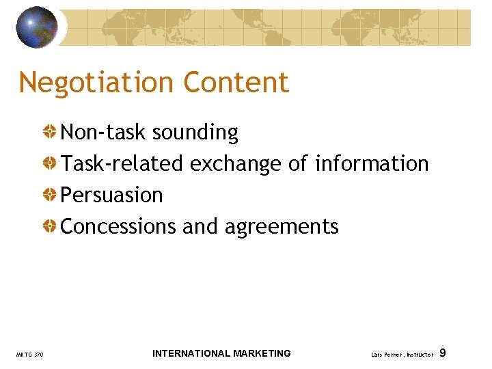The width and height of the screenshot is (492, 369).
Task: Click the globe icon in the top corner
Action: coord(37,27)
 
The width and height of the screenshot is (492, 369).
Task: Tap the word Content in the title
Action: coord(236,83)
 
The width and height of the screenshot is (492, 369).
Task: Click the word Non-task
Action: coord(104,132)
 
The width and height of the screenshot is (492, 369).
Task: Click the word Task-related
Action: coord(122,164)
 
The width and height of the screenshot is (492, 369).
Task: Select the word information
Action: coord(372,164)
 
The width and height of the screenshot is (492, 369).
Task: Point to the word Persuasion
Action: coord(112,195)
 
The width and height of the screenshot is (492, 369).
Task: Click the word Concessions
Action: coord(119,227)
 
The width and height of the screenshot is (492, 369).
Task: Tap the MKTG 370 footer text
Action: coord(29,355)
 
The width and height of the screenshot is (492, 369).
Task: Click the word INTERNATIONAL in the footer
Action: coord(191,353)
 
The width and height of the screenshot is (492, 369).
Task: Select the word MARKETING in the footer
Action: coord(262,353)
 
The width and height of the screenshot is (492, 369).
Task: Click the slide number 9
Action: coord(443,353)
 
